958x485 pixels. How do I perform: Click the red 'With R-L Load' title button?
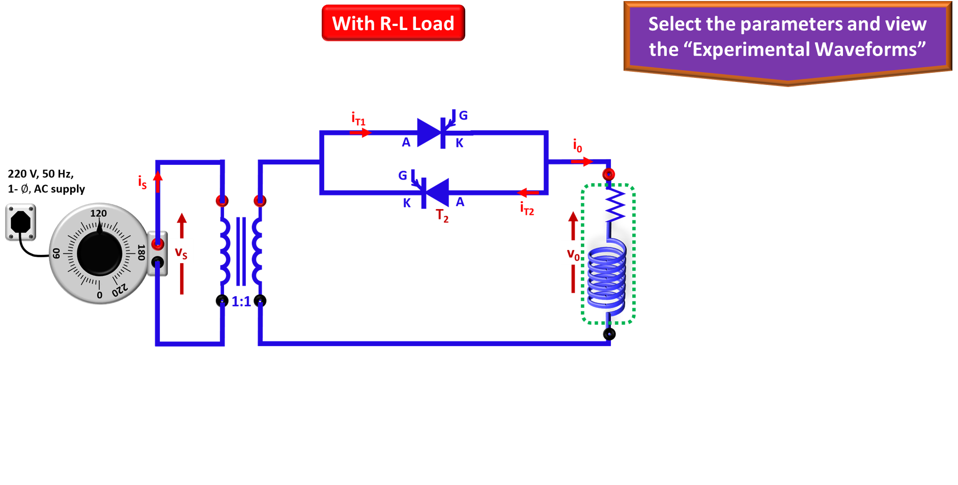click(393, 23)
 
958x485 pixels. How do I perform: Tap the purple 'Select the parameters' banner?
click(787, 38)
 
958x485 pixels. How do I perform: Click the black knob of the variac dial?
click(99, 253)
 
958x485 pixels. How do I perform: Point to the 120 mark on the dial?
click(99, 213)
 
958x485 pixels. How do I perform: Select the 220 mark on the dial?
click(121, 291)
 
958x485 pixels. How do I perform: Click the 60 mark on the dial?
click(56, 253)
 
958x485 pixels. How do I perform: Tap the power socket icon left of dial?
click(21, 222)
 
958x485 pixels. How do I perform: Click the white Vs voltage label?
click(181, 251)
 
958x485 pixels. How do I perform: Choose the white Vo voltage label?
click(573, 253)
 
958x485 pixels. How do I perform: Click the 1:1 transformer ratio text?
click(241, 302)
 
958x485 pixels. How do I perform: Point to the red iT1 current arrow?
click(360, 132)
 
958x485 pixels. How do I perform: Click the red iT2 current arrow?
click(528, 193)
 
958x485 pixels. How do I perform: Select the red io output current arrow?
click(581, 161)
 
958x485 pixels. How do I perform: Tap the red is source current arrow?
click(158, 182)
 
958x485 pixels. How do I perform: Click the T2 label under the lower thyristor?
click(442, 215)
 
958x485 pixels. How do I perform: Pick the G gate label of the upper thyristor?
click(463, 116)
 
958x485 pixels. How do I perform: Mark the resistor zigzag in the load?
click(615, 204)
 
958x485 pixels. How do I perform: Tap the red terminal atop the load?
click(608, 174)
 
